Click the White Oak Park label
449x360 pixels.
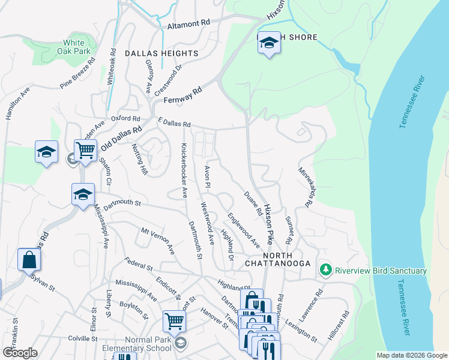[x=74, y=47]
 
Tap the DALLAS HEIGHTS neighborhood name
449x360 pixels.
[x=161, y=53]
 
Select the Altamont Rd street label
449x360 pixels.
[x=188, y=22]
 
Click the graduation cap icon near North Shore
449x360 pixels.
[x=270, y=43]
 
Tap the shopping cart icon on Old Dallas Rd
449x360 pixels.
[x=85, y=150]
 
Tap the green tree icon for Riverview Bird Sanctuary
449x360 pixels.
[x=326, y=271]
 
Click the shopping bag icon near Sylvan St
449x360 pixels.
[x=28, y=260]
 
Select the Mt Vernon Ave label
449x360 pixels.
[x=157, y=240]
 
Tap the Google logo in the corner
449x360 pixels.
[x=20, y=352]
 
